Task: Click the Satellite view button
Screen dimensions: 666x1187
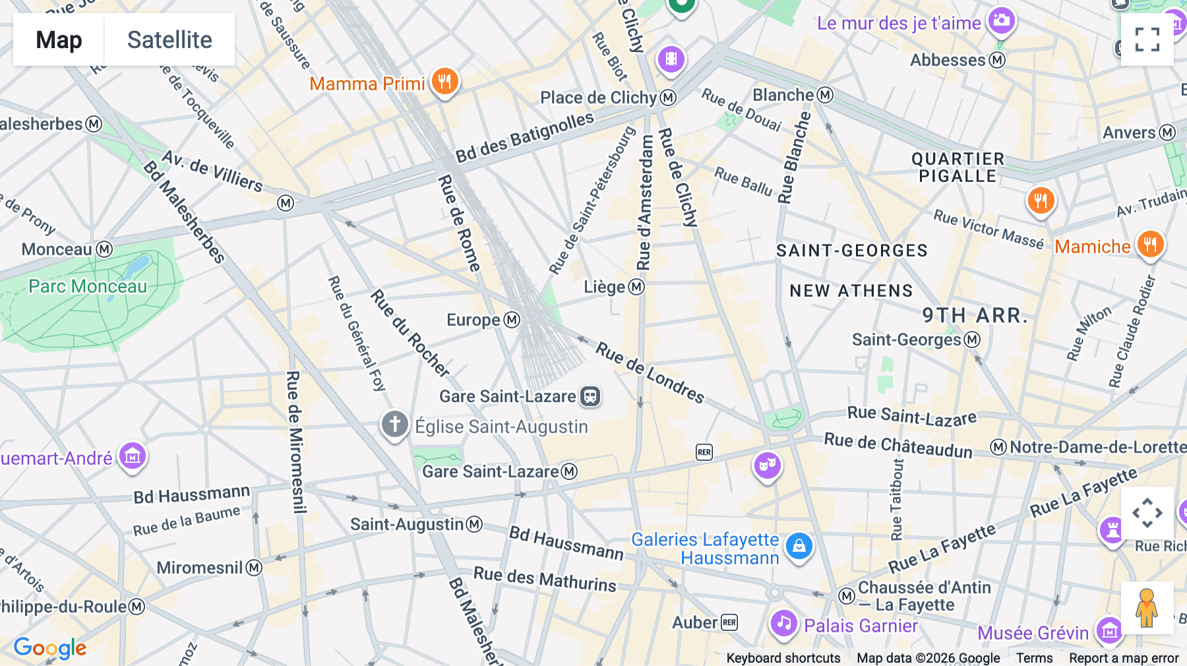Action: pyautogui.click(x=169, y=40)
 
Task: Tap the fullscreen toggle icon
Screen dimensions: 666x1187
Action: pyautogui.click(x=1147, y=40)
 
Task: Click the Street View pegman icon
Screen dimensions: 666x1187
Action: pyautogui.click(x=1147, y=608)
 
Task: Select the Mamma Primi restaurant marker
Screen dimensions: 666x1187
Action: pyautogui.click(x=445, y=82)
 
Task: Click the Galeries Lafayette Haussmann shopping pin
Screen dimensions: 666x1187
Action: pyautogui.click(x=799, y=546)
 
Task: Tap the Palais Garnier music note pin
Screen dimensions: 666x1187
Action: pyautogui.click(x=783, y=622)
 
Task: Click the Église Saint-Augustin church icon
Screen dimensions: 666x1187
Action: pyautogui.click(x=395, y=424)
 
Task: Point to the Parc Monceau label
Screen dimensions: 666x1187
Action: pyautogui.click(x=88, y=286)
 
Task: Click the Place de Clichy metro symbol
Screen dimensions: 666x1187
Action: pyautogui.click(x=668, y=98)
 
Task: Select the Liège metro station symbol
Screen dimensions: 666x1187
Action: pyautogui.click(x=636, y=287)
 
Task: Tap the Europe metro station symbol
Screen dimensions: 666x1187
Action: pyautogui.click(x=512, y=320)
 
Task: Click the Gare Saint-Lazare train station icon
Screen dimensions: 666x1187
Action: pyautogui.click(x=590, y=396)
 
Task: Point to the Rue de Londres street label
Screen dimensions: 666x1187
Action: pyautogui.click(x=650, y=372)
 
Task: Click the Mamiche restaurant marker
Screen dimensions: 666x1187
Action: pyautogui.click(x=1150, y=244)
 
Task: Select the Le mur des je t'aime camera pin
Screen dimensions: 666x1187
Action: pyautogui.click(x=1001, y=20)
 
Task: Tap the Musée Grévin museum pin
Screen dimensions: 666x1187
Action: pyautogui.click(x=1109, y=630)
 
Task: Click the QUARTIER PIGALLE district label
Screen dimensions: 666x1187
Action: pyautogui.click(x=958, y=167)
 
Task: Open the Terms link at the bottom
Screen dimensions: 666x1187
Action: pyautogui.click(x=1034, y=657)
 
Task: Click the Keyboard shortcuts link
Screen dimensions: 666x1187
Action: pyautogui.click(x=783, y=657)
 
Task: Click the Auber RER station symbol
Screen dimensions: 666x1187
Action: pyautogui.click(x=729, y=622)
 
